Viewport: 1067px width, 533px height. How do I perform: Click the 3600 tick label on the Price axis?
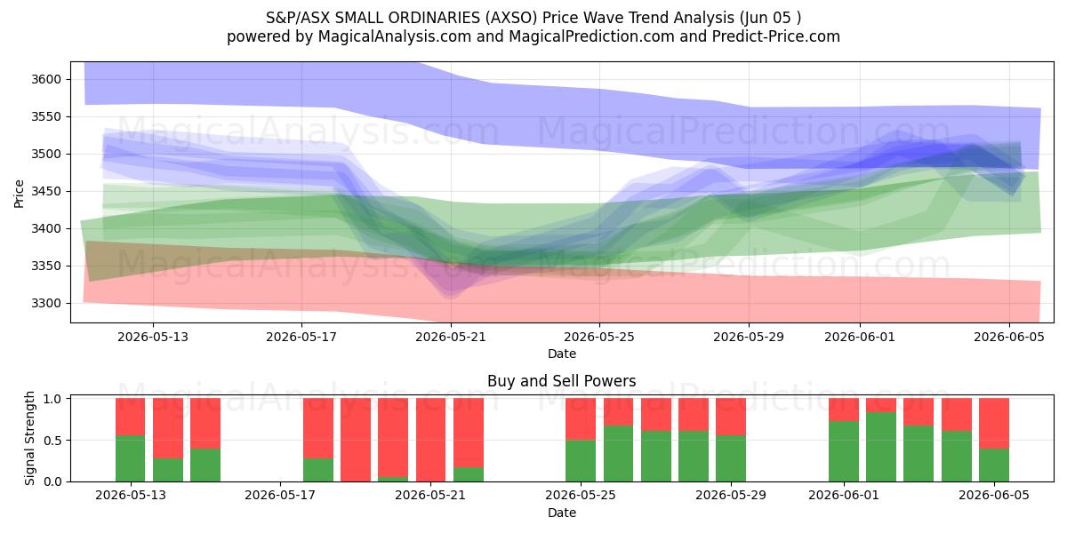click(x=46, y=79)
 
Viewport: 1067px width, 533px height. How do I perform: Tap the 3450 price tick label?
click(x=46, y=191)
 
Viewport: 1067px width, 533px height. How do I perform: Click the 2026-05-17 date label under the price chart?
click(x=301, y=337)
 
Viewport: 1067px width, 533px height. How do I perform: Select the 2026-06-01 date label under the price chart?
click(x=860, y=337)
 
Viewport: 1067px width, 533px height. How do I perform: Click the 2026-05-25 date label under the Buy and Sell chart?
click(x=580, y=495)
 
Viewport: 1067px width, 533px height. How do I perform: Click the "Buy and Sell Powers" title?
click(x=562, y=381)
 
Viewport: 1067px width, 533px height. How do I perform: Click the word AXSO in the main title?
click(x=510, y=18)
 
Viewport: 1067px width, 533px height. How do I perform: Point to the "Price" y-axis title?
click(x=19, y=194)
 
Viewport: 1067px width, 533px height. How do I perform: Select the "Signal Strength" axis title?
click(x=29, y=438)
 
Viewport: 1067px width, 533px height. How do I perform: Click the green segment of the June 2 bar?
click(x=881, y=447)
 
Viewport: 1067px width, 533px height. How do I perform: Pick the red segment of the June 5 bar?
click(x=994, y=424)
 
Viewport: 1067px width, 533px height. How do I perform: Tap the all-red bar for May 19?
click(x=356, y=440)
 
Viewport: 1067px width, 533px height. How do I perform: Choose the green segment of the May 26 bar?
click(x=618, y=454)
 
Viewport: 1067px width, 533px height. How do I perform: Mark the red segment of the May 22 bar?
click(x=469, y=433)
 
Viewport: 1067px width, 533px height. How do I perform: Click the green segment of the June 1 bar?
click(x=844, y=451)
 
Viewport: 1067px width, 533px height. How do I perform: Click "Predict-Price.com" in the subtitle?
click(x=776, y=36)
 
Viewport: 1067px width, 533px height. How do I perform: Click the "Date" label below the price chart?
click(x=562, y=354)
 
